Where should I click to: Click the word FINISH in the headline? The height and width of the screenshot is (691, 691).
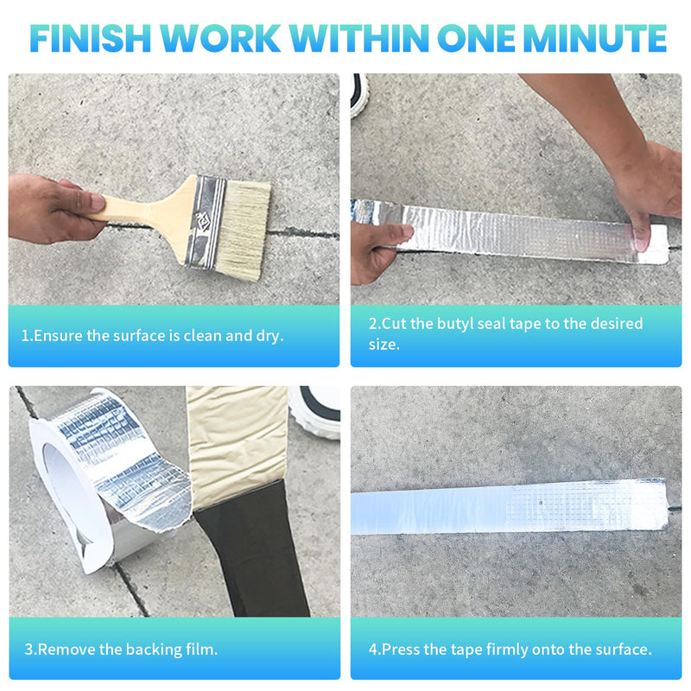91,38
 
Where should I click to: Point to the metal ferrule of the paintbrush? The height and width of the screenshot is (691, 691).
206,222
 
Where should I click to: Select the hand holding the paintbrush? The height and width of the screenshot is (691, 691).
53,208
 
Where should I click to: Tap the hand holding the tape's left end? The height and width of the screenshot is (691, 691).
380,251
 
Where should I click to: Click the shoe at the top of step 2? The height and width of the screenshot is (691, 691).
359,95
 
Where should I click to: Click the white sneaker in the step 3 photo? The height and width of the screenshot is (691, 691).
315,412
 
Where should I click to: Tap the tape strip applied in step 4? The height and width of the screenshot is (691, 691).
509,507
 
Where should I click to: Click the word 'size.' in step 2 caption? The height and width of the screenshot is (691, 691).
384,345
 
